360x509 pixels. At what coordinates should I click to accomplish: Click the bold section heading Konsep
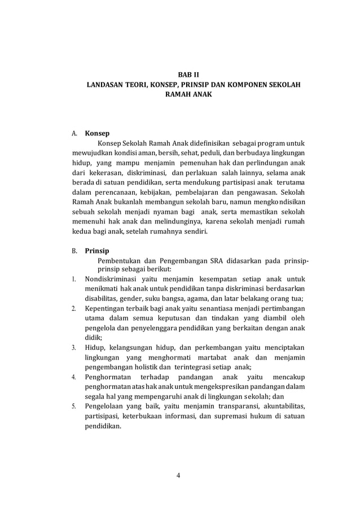[x=97, y=135]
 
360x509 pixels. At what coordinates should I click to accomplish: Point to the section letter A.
[x=74, y=135]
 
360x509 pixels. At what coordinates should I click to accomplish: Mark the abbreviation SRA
[x=213, y=261]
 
